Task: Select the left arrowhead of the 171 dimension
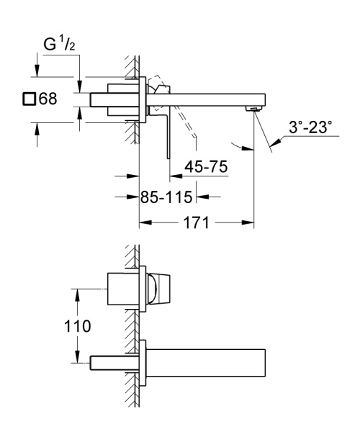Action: point(142,223)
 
